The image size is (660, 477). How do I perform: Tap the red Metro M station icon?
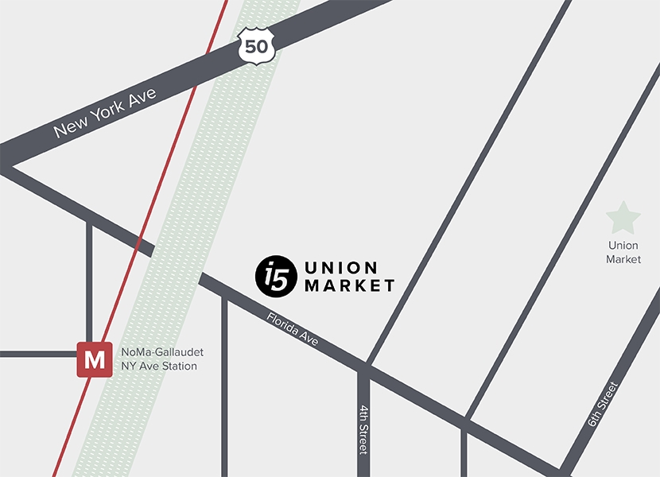click(x=94, y=359)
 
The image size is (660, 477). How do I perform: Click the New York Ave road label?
click(x=106, y=112)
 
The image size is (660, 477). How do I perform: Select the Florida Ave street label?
click(x=293, y=329)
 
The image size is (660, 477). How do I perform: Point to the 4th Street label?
click(x=363, y=429)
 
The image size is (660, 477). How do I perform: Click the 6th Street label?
click(x=603, y=405)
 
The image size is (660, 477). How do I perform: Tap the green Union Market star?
click(x=623, y=218)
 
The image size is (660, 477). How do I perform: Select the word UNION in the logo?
click(x=341, y=267)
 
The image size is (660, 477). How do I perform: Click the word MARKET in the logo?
click(x=350, y=285)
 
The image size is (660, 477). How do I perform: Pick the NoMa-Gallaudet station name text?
click(x=161, y=352)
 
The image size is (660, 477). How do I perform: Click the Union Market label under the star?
click(x=623, y=253)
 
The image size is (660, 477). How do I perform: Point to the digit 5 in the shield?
click(x=250, y=46)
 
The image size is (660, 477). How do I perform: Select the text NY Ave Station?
click(x=158, y=366)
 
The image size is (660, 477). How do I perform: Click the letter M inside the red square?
click(x=94, y=359)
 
